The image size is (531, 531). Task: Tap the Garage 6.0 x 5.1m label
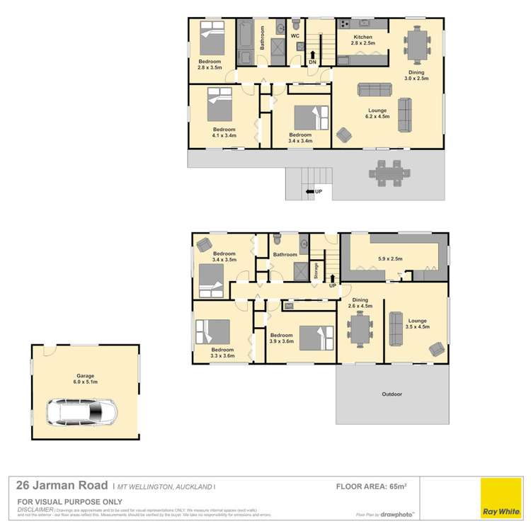click(86, 379)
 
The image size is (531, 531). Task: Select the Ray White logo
click(500, 499)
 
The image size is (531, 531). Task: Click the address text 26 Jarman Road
click(62, 486)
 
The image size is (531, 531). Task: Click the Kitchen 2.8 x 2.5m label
click(362, 40)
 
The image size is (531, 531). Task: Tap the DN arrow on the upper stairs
click(312, 56)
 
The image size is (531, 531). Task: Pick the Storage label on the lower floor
click(316, 271)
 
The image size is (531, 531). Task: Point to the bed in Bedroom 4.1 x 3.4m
click(219, 107)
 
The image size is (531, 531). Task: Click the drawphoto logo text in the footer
click(399, 515)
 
